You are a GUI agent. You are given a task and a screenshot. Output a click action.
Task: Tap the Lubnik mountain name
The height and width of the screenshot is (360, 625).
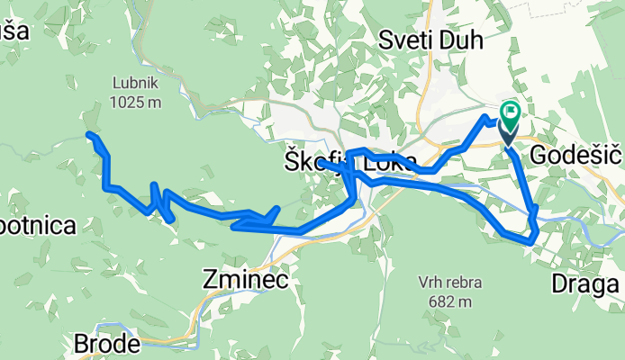136,84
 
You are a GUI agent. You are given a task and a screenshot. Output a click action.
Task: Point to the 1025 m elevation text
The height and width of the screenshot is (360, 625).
136,102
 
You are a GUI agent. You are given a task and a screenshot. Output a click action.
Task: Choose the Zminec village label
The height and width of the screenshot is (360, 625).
245,281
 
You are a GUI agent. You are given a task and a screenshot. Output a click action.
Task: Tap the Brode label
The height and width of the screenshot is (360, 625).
106,344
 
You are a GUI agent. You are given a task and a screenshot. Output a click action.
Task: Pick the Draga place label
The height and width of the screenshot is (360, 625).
585,286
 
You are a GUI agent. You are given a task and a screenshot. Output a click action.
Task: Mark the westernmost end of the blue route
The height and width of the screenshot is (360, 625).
89,135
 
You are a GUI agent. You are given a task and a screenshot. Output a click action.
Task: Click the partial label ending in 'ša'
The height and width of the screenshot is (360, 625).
14,31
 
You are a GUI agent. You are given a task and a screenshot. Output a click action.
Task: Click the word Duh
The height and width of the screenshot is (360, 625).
463,40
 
